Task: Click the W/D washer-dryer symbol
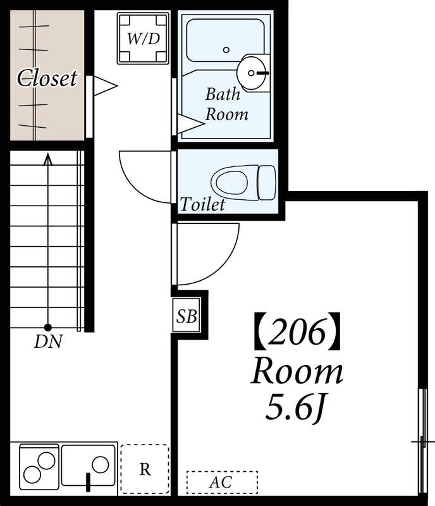pyautogui.click(x=143, y=39)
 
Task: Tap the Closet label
pyautogui.click(x=47, y=78)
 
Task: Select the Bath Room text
pyautogui.click(x=226, y=104)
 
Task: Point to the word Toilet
pyautogui.click(x=202, y=204)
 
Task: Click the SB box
pyautogui.click(x=187, y=315)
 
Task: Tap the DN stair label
pyautogui.click(x=48, y=342)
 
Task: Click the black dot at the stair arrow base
pyautogui.click(x=48, y=328)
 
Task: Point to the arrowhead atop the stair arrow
pyautogui.click(x=48, y=159)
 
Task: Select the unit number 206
pyautogui.click(x=297, y=331)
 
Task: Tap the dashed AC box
pyautogui.click(x=222, y=482)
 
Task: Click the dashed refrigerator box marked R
pyautogui.click(x=145, y=469)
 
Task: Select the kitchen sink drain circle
pyautogui.click(x=101, y=465)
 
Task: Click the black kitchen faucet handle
pyautogui.click(x=88, y=482)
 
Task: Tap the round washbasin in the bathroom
pyautogui.click(x=252, y=73)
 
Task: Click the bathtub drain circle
pyautogui.click(x=226, y=50)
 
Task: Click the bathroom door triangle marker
pyautogui.click(x=191, y=123)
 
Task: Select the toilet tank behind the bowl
pyautogui.click(x=267, y=183)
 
